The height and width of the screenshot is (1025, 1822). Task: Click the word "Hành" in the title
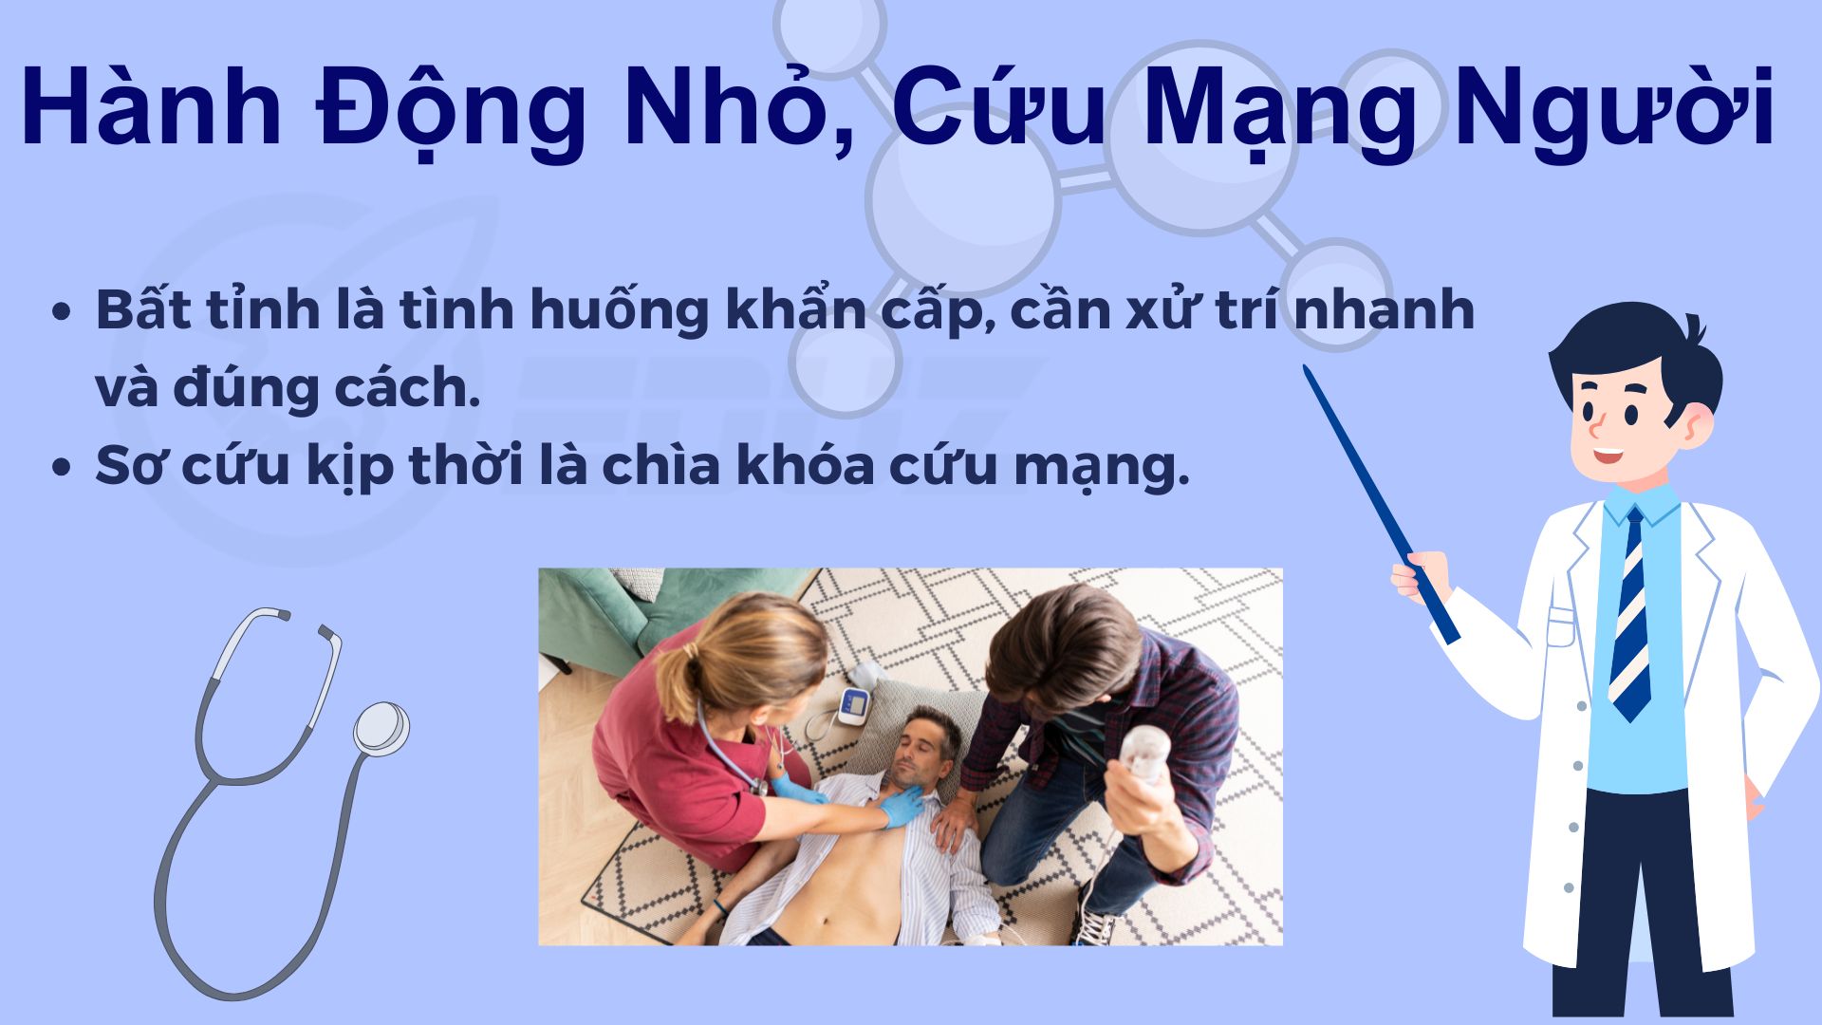pyautogui.click(x=150, y=107)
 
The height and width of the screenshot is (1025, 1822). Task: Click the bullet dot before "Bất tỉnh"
pyautogui.click(x=63, y=312)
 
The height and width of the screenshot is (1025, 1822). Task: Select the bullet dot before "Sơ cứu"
pyautogui.click(x=63, y=468)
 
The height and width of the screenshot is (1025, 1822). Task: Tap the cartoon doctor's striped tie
pyautogui.click(x=1631, y=617)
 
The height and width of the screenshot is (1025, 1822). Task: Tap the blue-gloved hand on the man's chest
pyautogui.click(x=902, y=807)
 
